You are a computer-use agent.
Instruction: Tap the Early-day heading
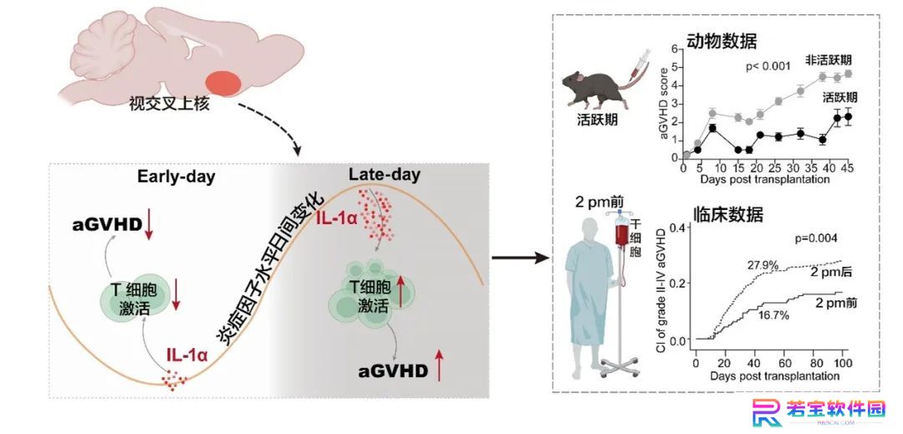click(x=176, y=176)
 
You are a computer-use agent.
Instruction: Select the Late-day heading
click(x=385, y=174)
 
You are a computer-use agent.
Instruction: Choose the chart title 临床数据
click(x=727, y=215)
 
